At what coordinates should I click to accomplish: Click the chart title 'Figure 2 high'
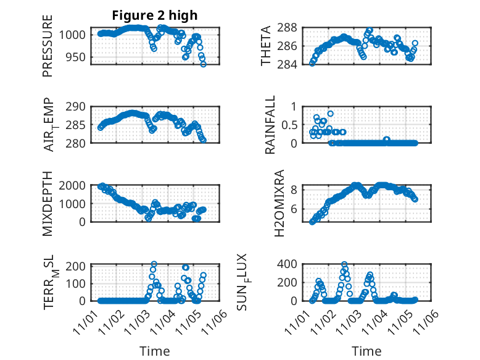[155, 15]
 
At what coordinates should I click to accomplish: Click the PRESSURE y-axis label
[48, 46]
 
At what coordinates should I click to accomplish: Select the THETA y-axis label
[266, 46]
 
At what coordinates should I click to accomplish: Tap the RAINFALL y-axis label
[270, 125]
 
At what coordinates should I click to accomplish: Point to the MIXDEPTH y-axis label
[48, 203]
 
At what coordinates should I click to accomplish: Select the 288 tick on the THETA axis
[290, 27]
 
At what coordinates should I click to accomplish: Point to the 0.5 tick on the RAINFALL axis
[290, 125]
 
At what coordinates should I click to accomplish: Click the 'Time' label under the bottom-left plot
[155, 351]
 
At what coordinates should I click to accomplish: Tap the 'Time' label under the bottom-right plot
[367, 351]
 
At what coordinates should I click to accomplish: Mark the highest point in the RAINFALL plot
[331, 114]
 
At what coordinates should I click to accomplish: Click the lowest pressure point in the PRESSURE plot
[204, 64]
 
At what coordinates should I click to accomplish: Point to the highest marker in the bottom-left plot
[154, 264]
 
